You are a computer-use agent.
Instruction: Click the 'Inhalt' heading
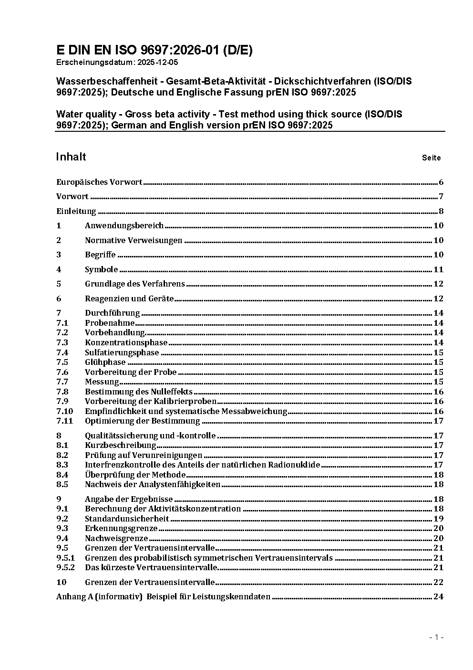coord(71,157)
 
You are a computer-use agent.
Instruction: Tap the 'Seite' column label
coord(431,158)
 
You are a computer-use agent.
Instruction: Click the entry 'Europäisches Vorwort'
coord(99,182)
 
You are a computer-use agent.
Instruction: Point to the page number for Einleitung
coord(441,211)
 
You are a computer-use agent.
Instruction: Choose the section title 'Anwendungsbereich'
coord(124,225)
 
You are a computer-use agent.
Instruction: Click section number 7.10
coord(65,411)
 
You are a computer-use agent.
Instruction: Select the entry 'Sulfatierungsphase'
coord(122,352)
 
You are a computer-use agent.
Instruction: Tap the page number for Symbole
coord(438,269)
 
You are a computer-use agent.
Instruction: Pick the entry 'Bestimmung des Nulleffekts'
coord(138,392)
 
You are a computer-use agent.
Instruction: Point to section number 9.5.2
coord(66,567)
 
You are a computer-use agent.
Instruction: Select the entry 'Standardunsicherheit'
coord(127,519)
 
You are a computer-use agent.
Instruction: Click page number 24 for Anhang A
coord(438,596)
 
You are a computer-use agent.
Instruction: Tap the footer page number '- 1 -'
coord(436,637)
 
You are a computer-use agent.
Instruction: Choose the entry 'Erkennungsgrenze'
coord(121,528)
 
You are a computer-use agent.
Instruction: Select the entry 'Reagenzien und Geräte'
coord(129,298)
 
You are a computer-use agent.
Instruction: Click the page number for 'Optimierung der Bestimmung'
coord(438,421)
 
